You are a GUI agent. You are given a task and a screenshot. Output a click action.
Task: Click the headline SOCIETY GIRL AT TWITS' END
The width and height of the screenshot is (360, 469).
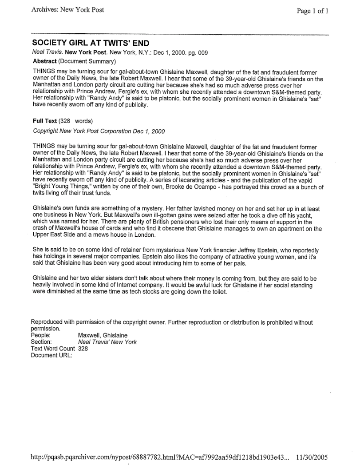click(91, 43)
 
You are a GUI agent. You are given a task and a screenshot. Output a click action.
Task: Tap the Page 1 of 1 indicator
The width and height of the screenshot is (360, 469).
click(313, 11)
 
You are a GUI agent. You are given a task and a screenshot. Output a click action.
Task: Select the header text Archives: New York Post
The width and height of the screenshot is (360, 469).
click(67, 10)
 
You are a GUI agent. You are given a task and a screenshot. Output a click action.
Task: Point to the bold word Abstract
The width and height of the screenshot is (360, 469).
click(45, 61)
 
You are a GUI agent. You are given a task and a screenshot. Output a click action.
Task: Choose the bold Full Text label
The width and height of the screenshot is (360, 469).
click(45, 120)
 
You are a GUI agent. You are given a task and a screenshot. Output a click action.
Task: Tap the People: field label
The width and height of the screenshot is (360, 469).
click(40, 335)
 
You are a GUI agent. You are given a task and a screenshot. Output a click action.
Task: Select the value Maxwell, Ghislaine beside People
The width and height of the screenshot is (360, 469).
click(103, 335)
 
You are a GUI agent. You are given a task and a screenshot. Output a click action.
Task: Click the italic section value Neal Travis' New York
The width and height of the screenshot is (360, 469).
click(107, 342)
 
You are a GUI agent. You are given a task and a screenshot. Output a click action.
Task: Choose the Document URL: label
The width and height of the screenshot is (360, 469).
click(51, 355)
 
